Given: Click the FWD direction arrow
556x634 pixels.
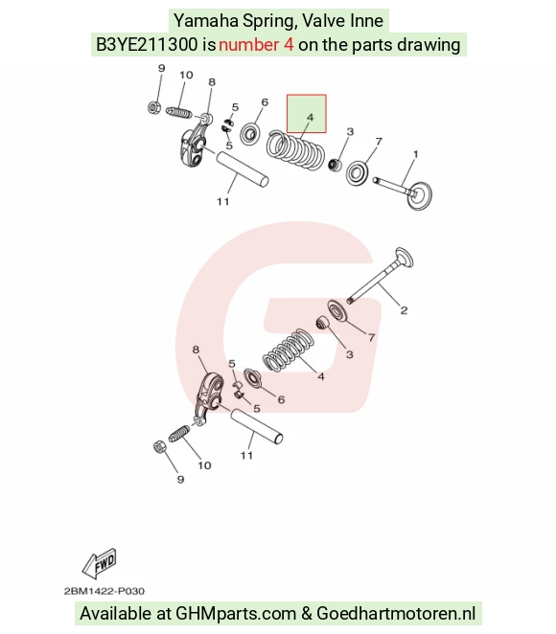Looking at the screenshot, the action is pos(99,563).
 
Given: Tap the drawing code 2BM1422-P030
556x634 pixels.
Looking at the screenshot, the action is pos(104,591).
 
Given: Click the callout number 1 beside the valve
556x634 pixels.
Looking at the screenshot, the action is pos(415,154).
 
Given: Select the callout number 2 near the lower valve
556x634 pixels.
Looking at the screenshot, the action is pos(404,310).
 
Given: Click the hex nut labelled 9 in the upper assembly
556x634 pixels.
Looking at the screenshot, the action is pos(153,107).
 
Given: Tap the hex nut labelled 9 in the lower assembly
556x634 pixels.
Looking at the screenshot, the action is pos(159,446).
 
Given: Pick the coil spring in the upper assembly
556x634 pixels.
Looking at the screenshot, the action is pos(295,149).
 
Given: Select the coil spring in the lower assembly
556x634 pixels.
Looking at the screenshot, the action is pos(289,350).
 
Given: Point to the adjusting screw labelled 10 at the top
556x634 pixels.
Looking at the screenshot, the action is pos(179,112).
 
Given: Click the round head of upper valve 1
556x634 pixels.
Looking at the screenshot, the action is pos(419,195).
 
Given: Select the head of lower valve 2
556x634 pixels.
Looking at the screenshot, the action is pos(404,258).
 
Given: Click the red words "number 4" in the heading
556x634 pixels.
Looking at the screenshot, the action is pos(256,44).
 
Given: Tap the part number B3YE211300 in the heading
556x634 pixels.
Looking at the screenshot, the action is pos(147,44).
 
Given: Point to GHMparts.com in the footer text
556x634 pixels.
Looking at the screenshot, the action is pos(235,613).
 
